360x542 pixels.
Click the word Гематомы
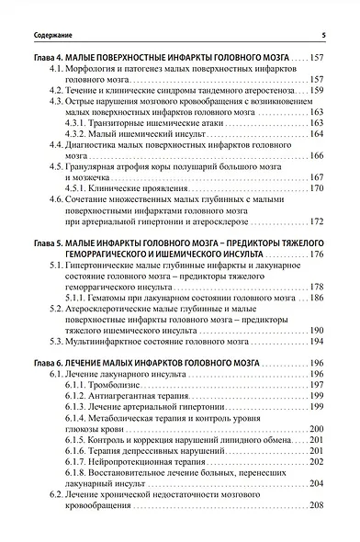tap(114, 299)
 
